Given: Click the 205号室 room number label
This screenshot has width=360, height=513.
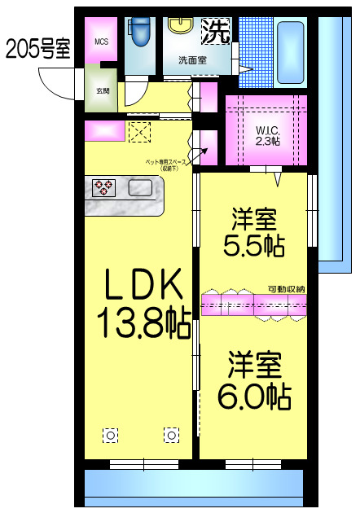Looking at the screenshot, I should (x=37, y=49).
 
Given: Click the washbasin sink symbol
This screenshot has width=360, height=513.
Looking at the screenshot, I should (x=180, y=25).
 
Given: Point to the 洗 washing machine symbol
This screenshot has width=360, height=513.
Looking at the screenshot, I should (x=216, y=31).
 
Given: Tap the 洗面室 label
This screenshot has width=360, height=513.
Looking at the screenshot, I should (x=192, y=59).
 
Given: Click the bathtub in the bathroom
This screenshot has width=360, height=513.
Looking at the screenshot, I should (x=289, y=49).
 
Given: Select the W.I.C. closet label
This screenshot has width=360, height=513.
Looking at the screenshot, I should (x=266, y=130).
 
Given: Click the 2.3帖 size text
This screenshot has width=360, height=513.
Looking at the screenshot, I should (x=267, y=141).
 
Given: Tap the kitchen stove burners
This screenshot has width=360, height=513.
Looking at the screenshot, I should (x=103, y=188).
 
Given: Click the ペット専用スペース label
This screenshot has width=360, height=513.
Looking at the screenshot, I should (x=166, y=164).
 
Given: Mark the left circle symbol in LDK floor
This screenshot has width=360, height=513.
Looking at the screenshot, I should (x=110, y=434).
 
